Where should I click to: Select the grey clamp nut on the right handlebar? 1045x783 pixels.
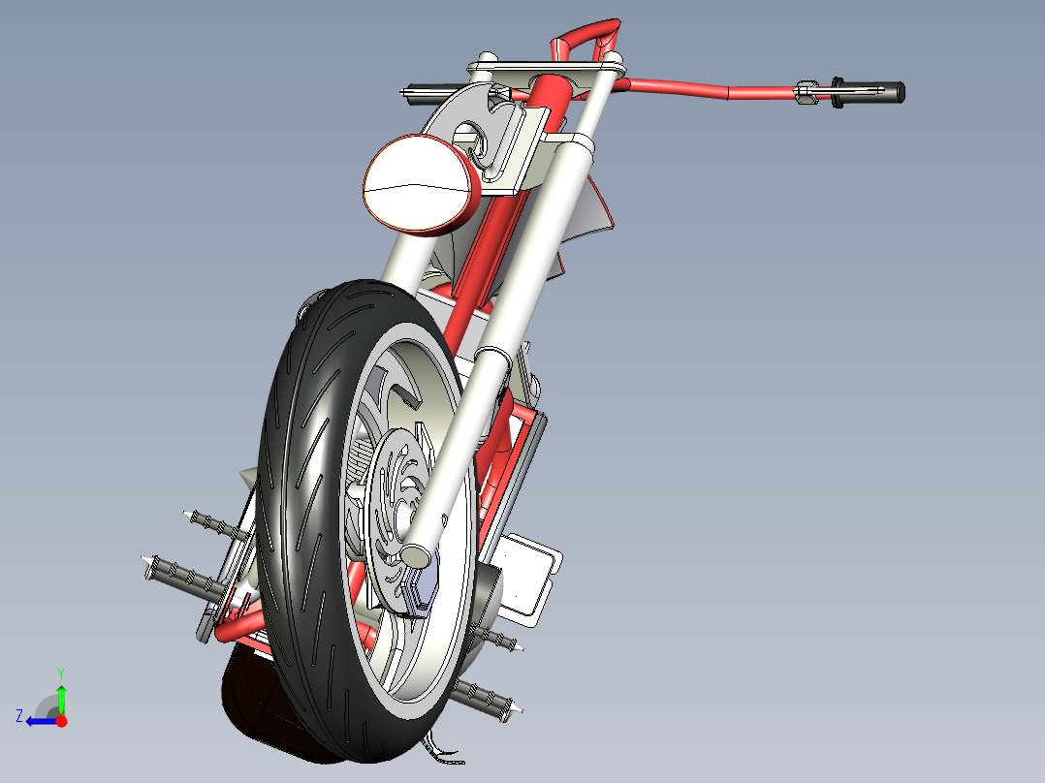(805, 93)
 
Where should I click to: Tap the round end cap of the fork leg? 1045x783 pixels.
(415, 555)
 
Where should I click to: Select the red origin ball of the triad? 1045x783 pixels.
(61, 721)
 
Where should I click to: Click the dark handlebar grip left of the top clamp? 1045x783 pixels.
(425, 93)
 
